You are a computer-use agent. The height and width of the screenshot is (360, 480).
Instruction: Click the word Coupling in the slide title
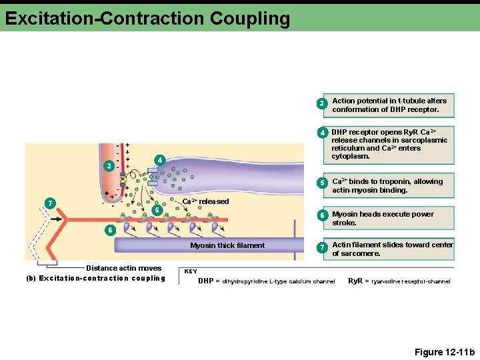(x=249, y=18)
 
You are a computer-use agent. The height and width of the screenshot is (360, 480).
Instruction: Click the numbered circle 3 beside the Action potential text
(x=321, y=104)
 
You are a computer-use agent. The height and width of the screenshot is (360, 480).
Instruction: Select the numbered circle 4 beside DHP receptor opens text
(x=321, y=133)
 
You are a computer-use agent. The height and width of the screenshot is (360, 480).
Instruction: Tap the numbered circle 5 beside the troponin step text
(x=321, y=183)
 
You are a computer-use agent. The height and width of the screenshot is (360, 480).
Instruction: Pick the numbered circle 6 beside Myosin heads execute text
(x=321, y=216)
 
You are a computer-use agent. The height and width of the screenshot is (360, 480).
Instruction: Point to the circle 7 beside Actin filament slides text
(x=321, y=248)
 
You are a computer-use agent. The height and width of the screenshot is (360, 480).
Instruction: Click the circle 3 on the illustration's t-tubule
(x=109, y=165)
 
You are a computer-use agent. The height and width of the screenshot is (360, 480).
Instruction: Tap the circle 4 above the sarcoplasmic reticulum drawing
(x=159, y=160)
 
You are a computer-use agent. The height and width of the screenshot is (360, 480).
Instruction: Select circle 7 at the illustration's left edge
(x=49, y=203)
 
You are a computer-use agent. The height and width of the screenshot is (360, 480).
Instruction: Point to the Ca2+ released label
(x=205, y=201)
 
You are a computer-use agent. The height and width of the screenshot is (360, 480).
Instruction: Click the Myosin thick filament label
(x=227, y=245)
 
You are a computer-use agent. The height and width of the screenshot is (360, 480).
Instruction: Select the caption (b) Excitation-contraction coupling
(x=95, y=278)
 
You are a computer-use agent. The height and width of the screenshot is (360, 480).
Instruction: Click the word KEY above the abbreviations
(x=191, y=271)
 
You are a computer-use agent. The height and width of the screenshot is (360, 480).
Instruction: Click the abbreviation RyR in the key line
(x=355, y=281)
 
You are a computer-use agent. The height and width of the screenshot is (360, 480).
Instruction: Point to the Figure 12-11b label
(x=445, y=352)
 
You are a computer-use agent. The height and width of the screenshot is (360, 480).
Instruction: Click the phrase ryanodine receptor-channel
(x=411, y=281)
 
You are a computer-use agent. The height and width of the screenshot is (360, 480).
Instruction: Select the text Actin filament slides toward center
(x=392, y=245)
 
